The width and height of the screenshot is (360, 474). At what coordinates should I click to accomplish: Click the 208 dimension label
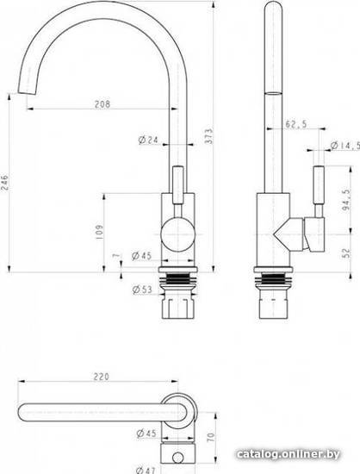(x=102, y=104)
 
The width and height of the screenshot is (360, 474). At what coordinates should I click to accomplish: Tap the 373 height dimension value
(x=209, y=136)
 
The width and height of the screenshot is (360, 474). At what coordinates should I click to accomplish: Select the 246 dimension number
(x=5, y=182)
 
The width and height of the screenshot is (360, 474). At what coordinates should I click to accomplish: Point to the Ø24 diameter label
(x=148, y=140)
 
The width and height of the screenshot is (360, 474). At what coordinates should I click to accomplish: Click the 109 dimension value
(x=99, y=232)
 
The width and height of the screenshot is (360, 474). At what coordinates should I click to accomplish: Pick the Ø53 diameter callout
(x=142, y=290)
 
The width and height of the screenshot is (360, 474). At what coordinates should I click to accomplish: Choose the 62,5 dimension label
(x=296, y=123)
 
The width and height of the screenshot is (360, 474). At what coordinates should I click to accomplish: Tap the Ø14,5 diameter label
(x=345, y=146)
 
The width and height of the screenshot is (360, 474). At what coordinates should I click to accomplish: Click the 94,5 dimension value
(x=346, y=200)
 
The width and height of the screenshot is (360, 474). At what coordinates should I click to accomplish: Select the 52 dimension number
(x=347, y=253)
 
